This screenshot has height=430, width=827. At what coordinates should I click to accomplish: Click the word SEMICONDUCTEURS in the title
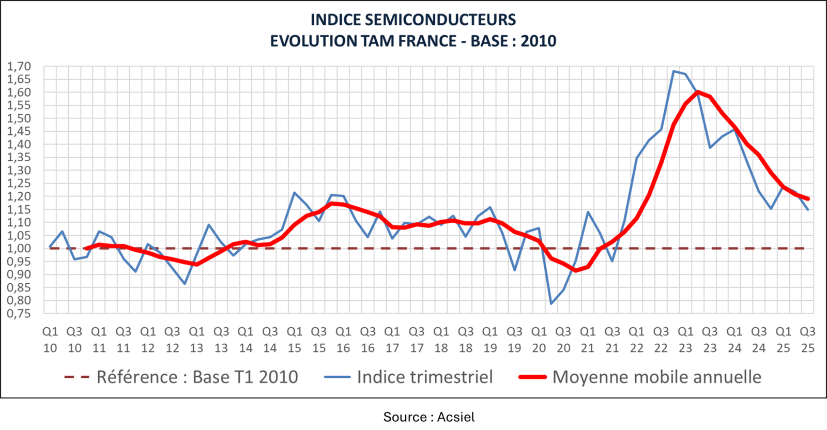coord(440,20)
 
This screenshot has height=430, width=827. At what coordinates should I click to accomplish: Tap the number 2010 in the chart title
coord(538,41)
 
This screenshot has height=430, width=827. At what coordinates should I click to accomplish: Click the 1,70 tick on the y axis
coord(19,67)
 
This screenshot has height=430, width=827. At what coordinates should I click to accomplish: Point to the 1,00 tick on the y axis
coord(19,249)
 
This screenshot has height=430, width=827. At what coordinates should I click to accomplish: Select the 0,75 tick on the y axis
coord(19,313)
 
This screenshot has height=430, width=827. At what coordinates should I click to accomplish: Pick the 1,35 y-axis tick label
coord(19,158)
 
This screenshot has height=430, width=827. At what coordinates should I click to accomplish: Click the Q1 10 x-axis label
coord(50,340)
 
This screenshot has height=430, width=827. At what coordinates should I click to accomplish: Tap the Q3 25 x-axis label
coord(807,340)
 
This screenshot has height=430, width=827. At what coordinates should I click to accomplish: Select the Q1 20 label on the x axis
coord(539,340)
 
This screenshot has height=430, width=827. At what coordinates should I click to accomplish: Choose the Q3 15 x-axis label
coord(319,340)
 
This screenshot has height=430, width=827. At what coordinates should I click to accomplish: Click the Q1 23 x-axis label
coord(685,340)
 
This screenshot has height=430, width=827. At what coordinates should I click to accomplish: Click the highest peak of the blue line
coord(673,71)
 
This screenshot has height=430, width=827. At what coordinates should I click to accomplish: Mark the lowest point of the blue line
coord(551,304)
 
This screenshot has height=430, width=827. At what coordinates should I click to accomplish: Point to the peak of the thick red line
coord(697,92)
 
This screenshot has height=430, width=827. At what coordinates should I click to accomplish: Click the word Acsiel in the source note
coord(455,417)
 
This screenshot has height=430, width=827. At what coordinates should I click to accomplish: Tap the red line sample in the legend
coord(532,377)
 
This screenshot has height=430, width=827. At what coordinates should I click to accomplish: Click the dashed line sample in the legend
coord(77,377)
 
